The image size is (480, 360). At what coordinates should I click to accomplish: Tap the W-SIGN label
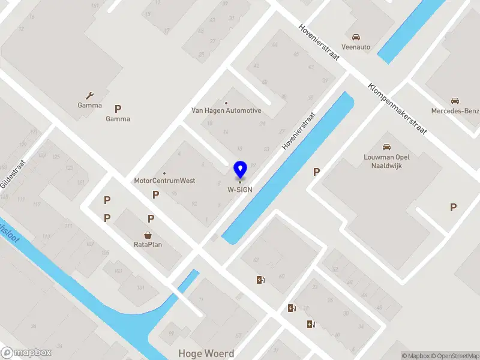[x=239, y=190]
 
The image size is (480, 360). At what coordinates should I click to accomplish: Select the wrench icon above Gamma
[x=90, y=95]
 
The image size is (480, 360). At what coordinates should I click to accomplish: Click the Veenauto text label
[x=356, y=47]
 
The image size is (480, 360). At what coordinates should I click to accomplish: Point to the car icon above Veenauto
[x=356, y=37]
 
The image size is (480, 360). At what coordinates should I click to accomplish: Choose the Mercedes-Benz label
[x=454, y=110]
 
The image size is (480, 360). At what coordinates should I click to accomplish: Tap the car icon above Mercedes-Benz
[x=454, y=101]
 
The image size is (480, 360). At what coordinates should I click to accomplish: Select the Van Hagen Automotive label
[x=226, y=110]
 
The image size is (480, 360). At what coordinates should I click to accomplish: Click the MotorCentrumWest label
[x=164, y=181]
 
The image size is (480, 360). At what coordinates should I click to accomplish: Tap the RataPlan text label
[x=148, y=244]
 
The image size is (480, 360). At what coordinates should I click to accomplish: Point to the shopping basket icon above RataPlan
[x=148, y=235]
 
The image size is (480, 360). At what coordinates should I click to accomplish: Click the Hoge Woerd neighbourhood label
[x=206, y=353]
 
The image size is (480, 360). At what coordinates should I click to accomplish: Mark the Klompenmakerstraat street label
[x=397, y=109]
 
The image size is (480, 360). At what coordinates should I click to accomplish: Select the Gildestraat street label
[x=13, y=174]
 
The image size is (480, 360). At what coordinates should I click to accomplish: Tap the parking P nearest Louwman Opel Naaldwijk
[x=316, y=172]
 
